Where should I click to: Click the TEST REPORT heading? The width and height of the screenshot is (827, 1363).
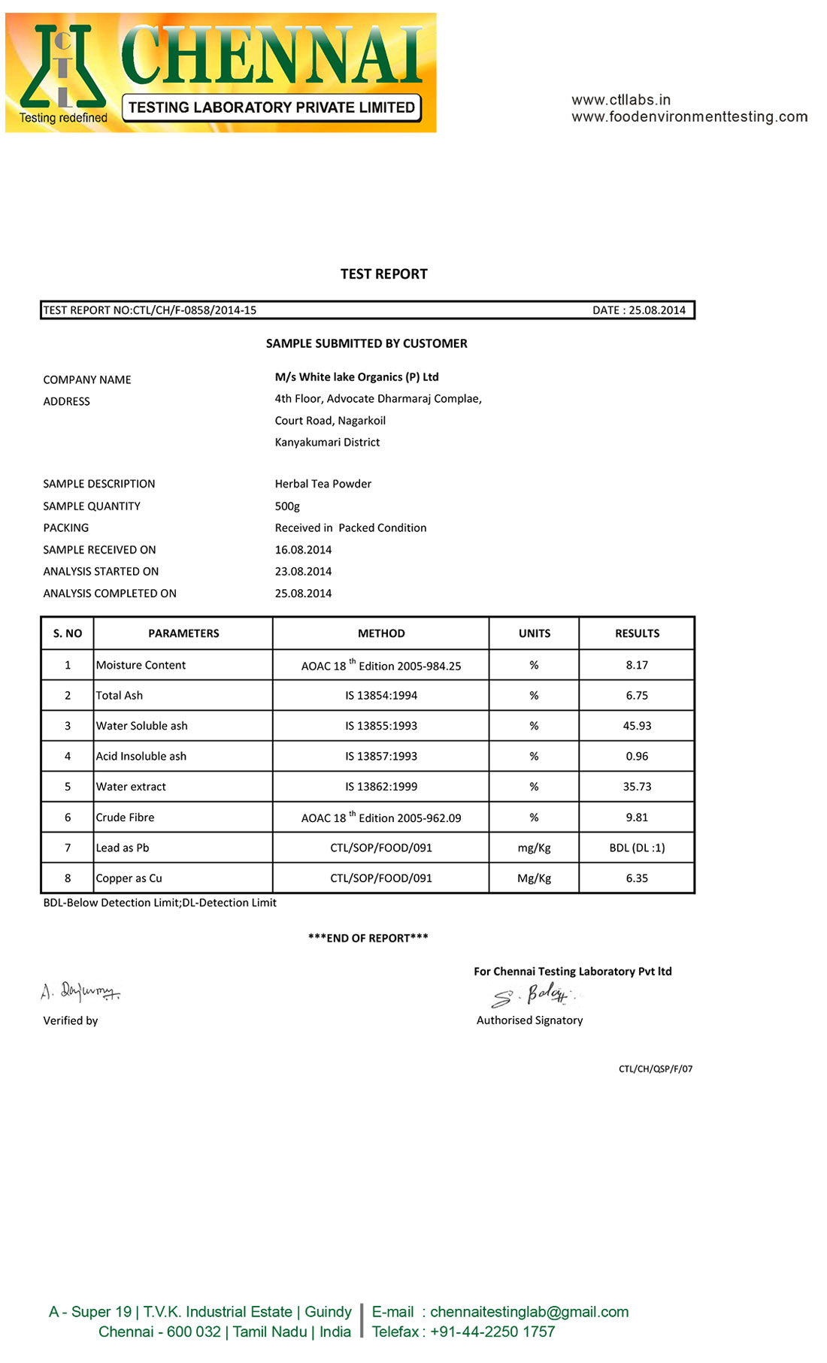(x=383, y=274)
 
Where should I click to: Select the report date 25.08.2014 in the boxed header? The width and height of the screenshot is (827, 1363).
(x=657, y=310)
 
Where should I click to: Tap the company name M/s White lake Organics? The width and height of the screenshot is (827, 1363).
(x=356, y=377)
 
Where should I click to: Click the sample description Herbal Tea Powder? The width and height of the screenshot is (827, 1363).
(x=323, y=484)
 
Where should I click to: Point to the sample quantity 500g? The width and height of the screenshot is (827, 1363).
(x=287, y=506)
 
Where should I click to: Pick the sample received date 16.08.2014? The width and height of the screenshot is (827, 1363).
(x=303, y=550)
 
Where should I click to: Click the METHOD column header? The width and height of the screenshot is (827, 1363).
(x=381, y=633)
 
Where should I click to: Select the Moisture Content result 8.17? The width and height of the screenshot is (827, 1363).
(x=637, y=665)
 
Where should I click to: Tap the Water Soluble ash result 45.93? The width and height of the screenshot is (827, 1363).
(x=637, y=726)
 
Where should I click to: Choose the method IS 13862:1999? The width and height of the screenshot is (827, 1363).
(x=381, y=787)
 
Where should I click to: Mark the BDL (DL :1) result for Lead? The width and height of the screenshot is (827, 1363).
(x=637, y=848)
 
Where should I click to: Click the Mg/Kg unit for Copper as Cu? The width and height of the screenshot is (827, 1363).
(x=534, y=878)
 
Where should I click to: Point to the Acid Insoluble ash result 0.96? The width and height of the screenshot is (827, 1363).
(x=637, y=757)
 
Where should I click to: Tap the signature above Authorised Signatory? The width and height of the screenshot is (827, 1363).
(x=533, y=995)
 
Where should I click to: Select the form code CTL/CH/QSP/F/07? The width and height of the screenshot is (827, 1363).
(x=656, y=1068)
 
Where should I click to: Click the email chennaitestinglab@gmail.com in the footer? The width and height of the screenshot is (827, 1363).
(x=529, y=1312)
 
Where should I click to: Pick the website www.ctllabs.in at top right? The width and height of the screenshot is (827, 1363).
(x=621, y=100)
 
